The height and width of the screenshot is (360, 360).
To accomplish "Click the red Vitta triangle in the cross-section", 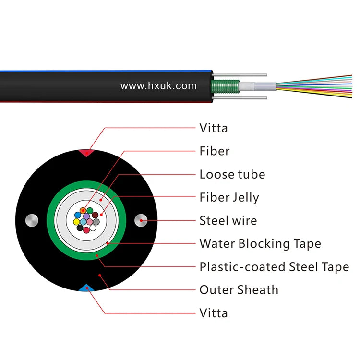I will (x=86, y=153).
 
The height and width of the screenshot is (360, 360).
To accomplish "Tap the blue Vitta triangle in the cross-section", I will (x=86, y=288).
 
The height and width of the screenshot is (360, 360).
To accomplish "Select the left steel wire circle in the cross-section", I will (x=32, y=220).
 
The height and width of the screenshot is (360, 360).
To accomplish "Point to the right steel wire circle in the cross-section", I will (x=141, y=220).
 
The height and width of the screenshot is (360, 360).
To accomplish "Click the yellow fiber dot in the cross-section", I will (x=76, y=222).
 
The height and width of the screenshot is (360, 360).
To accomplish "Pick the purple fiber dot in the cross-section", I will (x=86, y=216).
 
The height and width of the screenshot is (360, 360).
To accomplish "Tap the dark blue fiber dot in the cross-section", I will (x=78, y=215).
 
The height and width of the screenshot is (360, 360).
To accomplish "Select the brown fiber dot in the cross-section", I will (x=95, y=215).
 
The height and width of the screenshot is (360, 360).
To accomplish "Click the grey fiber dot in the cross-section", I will (x=96, y=222).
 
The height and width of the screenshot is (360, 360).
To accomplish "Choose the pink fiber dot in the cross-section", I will (x=90, y=222).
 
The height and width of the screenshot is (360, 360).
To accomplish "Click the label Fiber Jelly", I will (x=229, y=197).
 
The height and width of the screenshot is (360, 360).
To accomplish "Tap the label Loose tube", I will (x=232, y=174).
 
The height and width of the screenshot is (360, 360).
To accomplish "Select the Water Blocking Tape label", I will (x=260, y=243).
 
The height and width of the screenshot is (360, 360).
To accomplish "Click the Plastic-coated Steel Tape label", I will (x=274, y=267).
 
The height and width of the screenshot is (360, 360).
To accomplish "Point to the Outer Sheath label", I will (x=239, y=290).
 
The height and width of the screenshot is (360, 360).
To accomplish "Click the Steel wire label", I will (x=228, y=221).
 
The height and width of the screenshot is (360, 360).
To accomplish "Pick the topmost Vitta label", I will (x=214, y=128).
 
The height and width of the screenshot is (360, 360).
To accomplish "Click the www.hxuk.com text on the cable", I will (x=158, y=86).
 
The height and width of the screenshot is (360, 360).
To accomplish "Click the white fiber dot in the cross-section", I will (x=93, y=228).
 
